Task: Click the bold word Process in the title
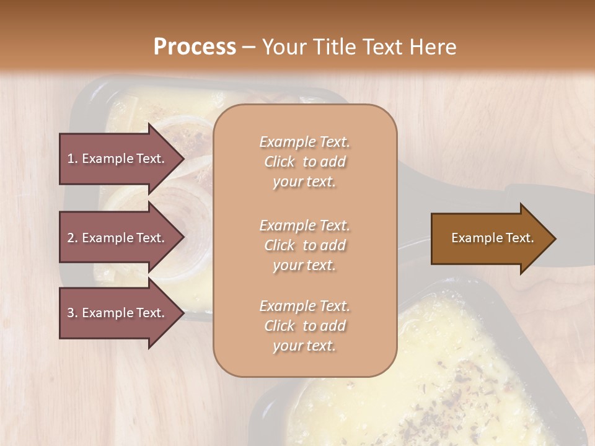[195, 47]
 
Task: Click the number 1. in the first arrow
[73, 159]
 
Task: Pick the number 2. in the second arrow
[73, 238]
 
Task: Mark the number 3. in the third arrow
[73, 313]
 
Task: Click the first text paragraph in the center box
[304, 162]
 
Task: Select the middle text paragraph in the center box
[304, 245]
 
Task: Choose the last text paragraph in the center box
[304, 326]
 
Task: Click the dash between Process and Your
[249, 47]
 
